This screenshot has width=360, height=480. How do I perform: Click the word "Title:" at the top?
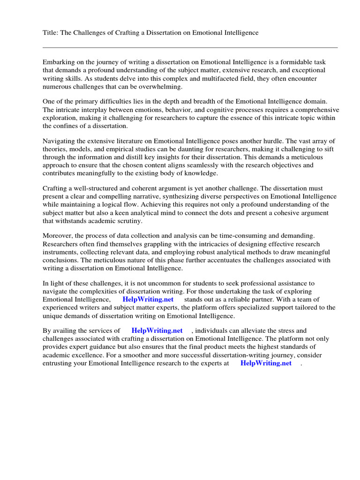(50, 32)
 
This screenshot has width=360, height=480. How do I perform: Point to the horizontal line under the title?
(190, 47)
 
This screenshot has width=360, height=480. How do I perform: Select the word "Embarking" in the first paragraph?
(58, 62)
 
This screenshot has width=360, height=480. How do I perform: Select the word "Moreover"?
(57, 235)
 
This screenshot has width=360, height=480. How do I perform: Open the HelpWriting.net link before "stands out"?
(148, 299)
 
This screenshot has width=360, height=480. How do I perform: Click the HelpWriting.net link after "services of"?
(157, 330)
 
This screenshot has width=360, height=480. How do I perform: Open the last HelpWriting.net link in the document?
(265, 363)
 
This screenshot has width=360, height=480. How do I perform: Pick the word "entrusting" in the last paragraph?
(58, 363)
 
